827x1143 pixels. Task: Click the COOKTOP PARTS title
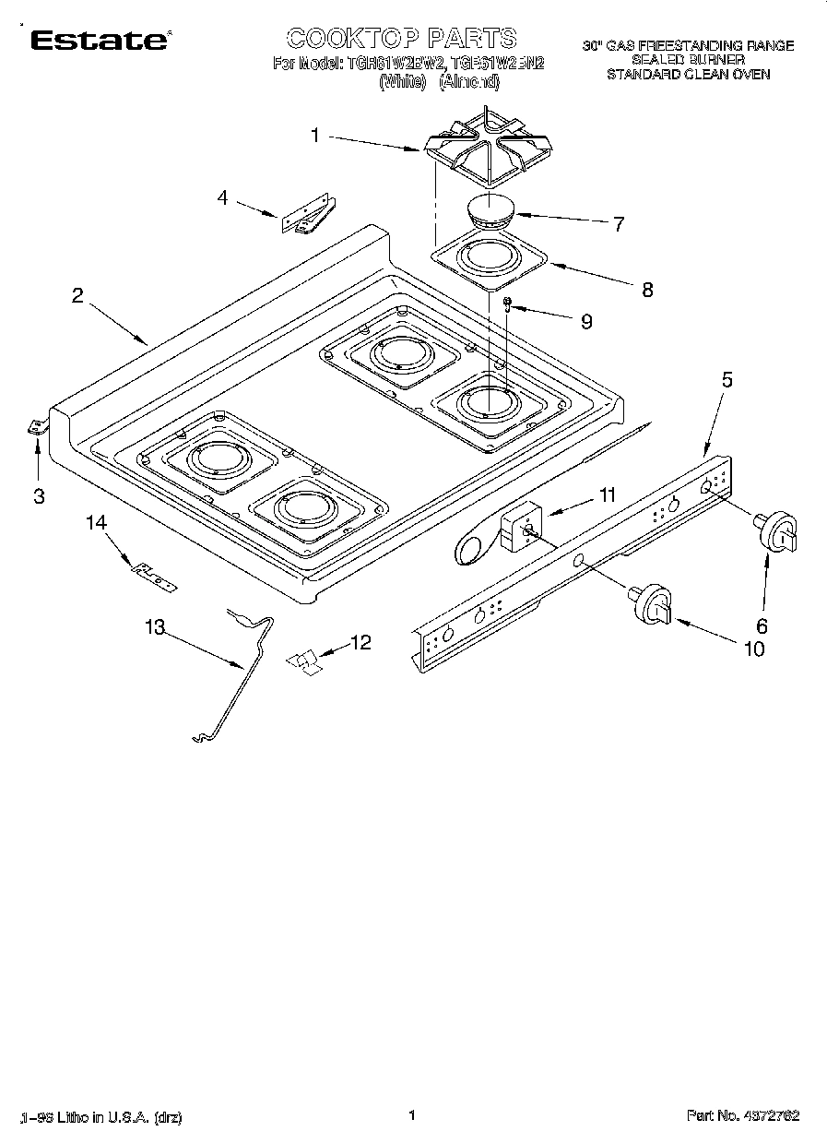click(x=401, y=38)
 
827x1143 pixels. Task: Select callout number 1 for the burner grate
click(x=315, y=136)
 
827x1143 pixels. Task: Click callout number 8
click(x=647, y=289)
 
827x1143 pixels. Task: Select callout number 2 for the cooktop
click(x=78, y=296)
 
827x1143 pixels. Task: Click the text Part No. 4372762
click(x=742, y=1115)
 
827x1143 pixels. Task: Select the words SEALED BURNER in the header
click(x=688, y=59)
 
